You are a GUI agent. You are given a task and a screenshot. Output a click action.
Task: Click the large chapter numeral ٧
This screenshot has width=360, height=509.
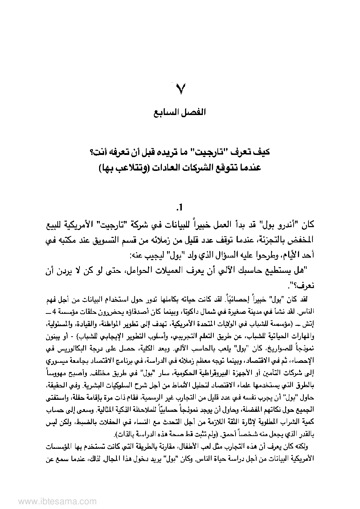180,89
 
